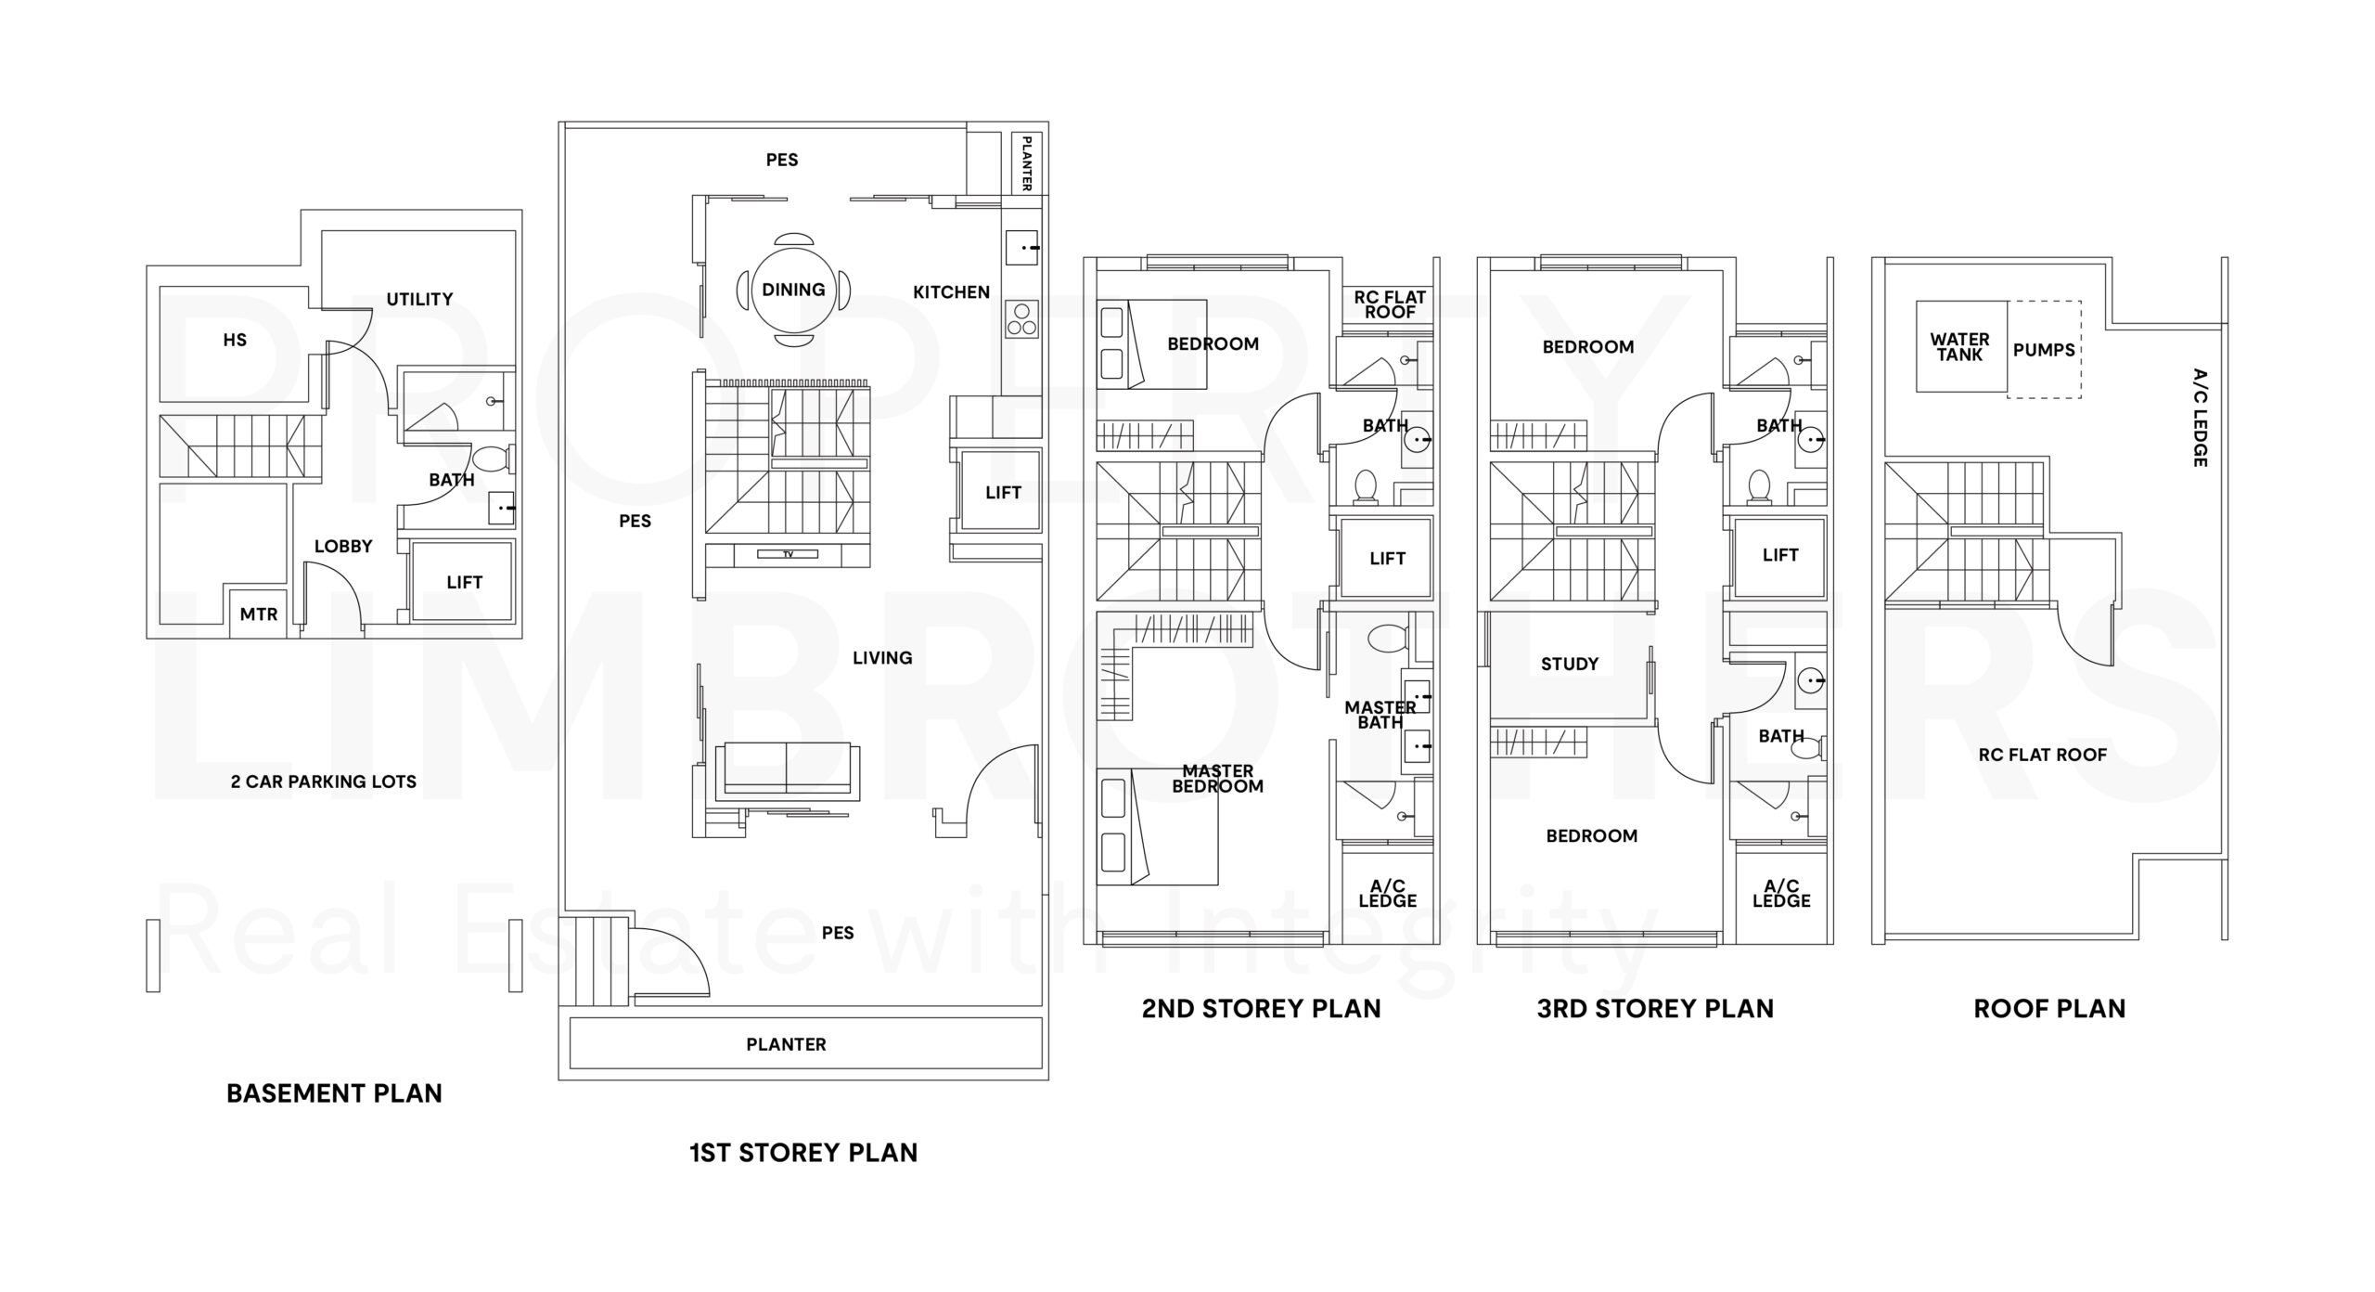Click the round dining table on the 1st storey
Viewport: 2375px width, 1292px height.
coord(793,290)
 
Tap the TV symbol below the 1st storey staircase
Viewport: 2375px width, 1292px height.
coord(788,554)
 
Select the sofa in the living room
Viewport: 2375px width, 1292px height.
coord(787,769)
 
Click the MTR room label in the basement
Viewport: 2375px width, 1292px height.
coord(258,614)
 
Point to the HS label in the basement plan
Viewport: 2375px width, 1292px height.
coord(235,341)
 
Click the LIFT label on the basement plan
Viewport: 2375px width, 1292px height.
coord(464,583)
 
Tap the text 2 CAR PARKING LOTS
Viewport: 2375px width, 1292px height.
coord(323,782)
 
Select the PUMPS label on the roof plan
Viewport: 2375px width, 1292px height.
coord(2044,350)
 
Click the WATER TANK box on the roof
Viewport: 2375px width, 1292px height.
coord(1960,347)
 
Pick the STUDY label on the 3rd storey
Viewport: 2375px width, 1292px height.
coord(1570,665)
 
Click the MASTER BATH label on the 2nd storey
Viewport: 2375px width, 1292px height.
coord(1380,715)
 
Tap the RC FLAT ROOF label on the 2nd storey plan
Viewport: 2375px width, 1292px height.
coord(1389,304)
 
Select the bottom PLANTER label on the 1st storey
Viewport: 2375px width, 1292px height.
coord(786,1044)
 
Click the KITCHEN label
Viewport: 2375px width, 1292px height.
coord(951,292)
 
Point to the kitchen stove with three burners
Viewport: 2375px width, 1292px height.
coord(1021,319)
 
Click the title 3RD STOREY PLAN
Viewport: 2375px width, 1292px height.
coord(1654,1009)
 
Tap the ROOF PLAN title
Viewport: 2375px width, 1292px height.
coord(2048,1009)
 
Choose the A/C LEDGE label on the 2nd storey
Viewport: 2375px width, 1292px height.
coord(1387,893)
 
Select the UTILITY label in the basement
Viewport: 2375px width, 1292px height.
coord(419,300)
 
